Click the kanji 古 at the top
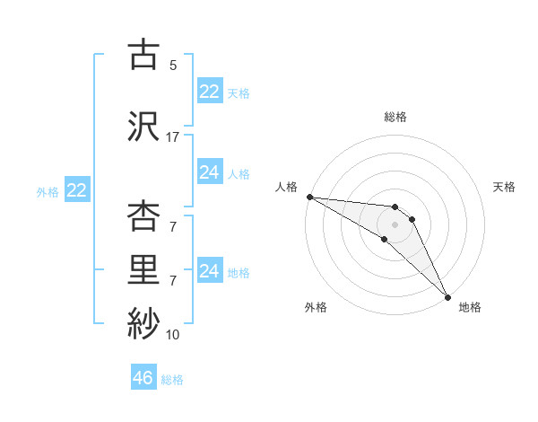144,56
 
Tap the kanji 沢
144,125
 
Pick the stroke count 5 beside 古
173,66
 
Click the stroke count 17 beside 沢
173,137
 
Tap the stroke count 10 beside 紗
173,335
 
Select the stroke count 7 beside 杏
173,227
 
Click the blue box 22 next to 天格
209,92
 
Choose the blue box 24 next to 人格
209,172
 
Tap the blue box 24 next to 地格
209,271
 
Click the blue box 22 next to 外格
76,190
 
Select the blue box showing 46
143,378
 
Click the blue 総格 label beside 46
172,380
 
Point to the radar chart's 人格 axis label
286,187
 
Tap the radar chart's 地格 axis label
470,307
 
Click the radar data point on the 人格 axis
309,197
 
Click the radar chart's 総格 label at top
395,117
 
